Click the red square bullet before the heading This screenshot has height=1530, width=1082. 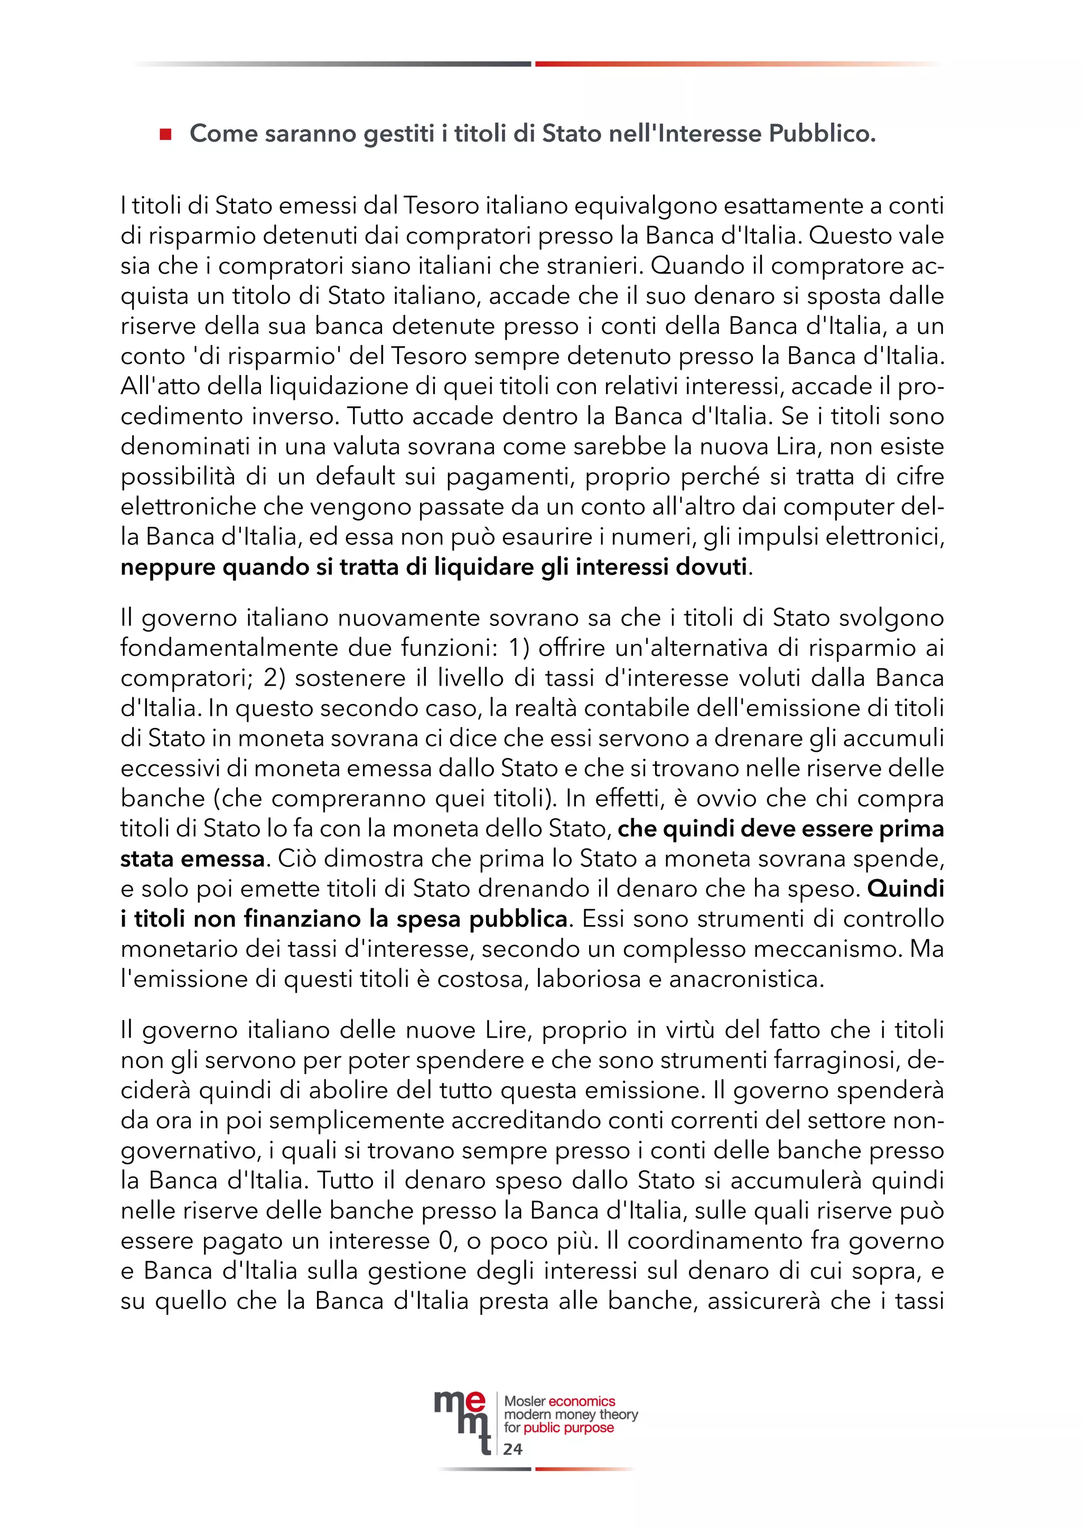click(x=166, y=135)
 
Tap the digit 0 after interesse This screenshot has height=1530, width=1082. click(x=445, y=1241)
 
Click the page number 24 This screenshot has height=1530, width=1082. click(x=512, y=1449)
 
